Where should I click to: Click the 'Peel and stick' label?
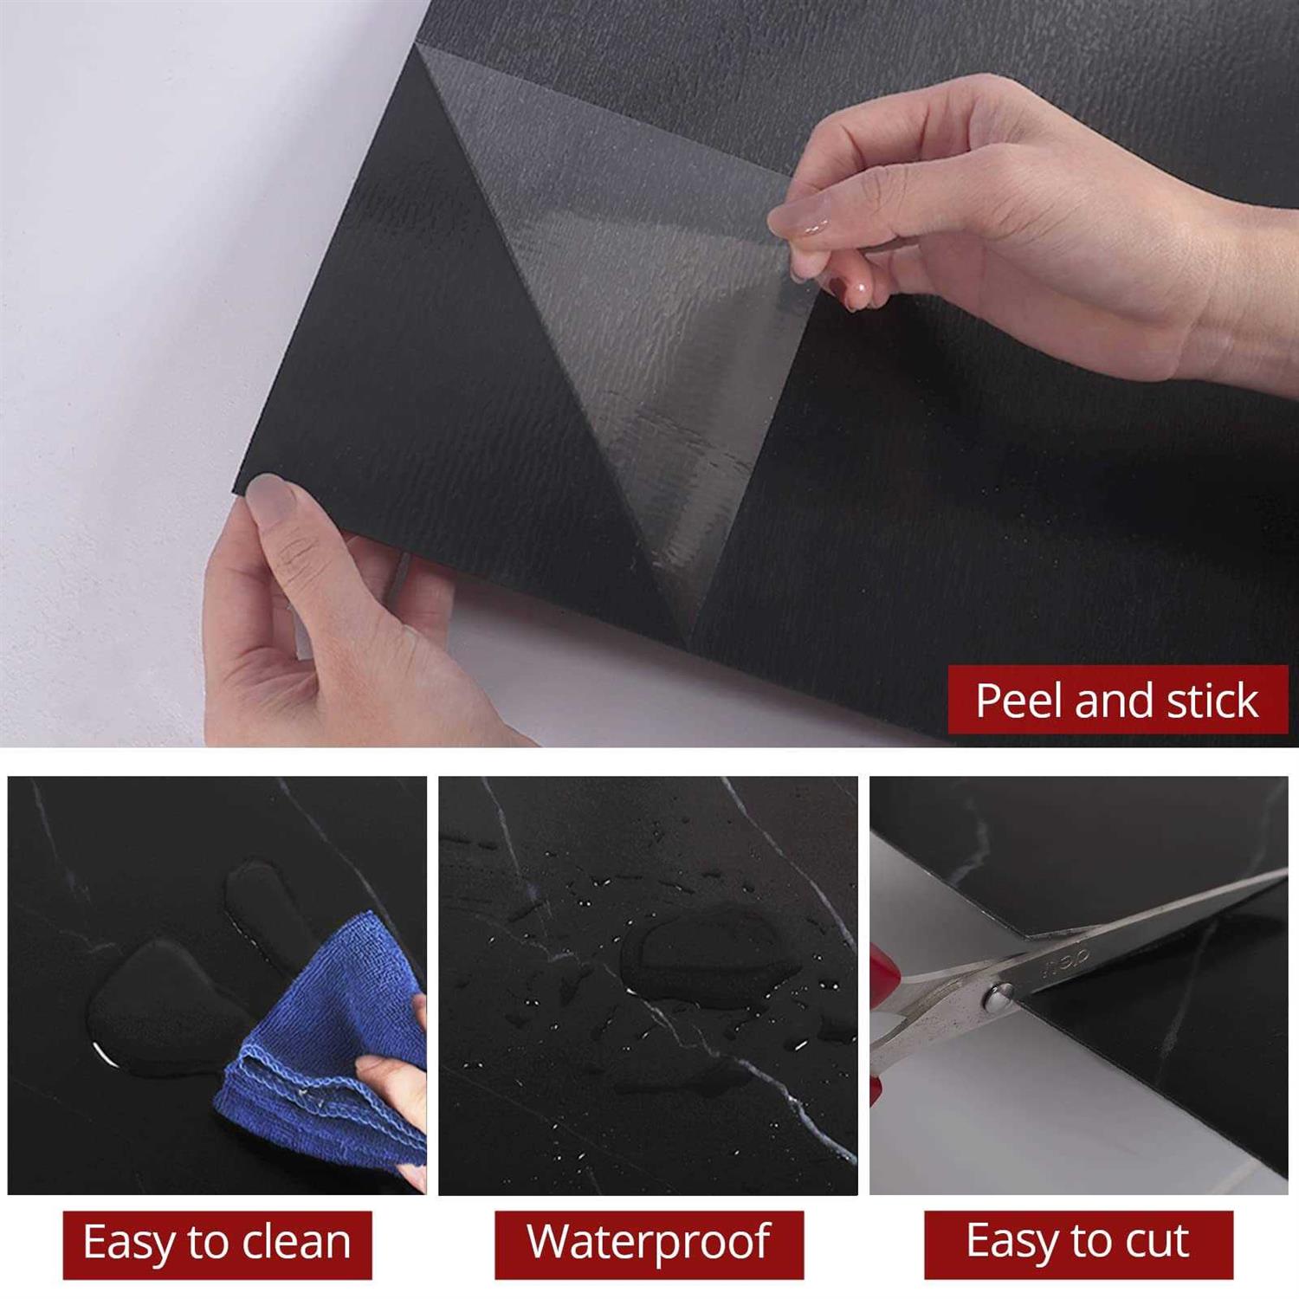click(1117, 700)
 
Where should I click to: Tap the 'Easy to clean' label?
click(217, 1244)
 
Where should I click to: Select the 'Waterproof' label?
click(649, 1244)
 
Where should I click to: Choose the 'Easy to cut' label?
click(1078, 1244)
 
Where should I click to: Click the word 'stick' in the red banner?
click(1212, 700)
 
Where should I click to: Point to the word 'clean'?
click(296, 1243)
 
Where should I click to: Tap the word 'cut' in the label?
click(1157, 1243)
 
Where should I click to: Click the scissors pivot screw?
click(998, 998)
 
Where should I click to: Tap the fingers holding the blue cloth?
click(394, 1082)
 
